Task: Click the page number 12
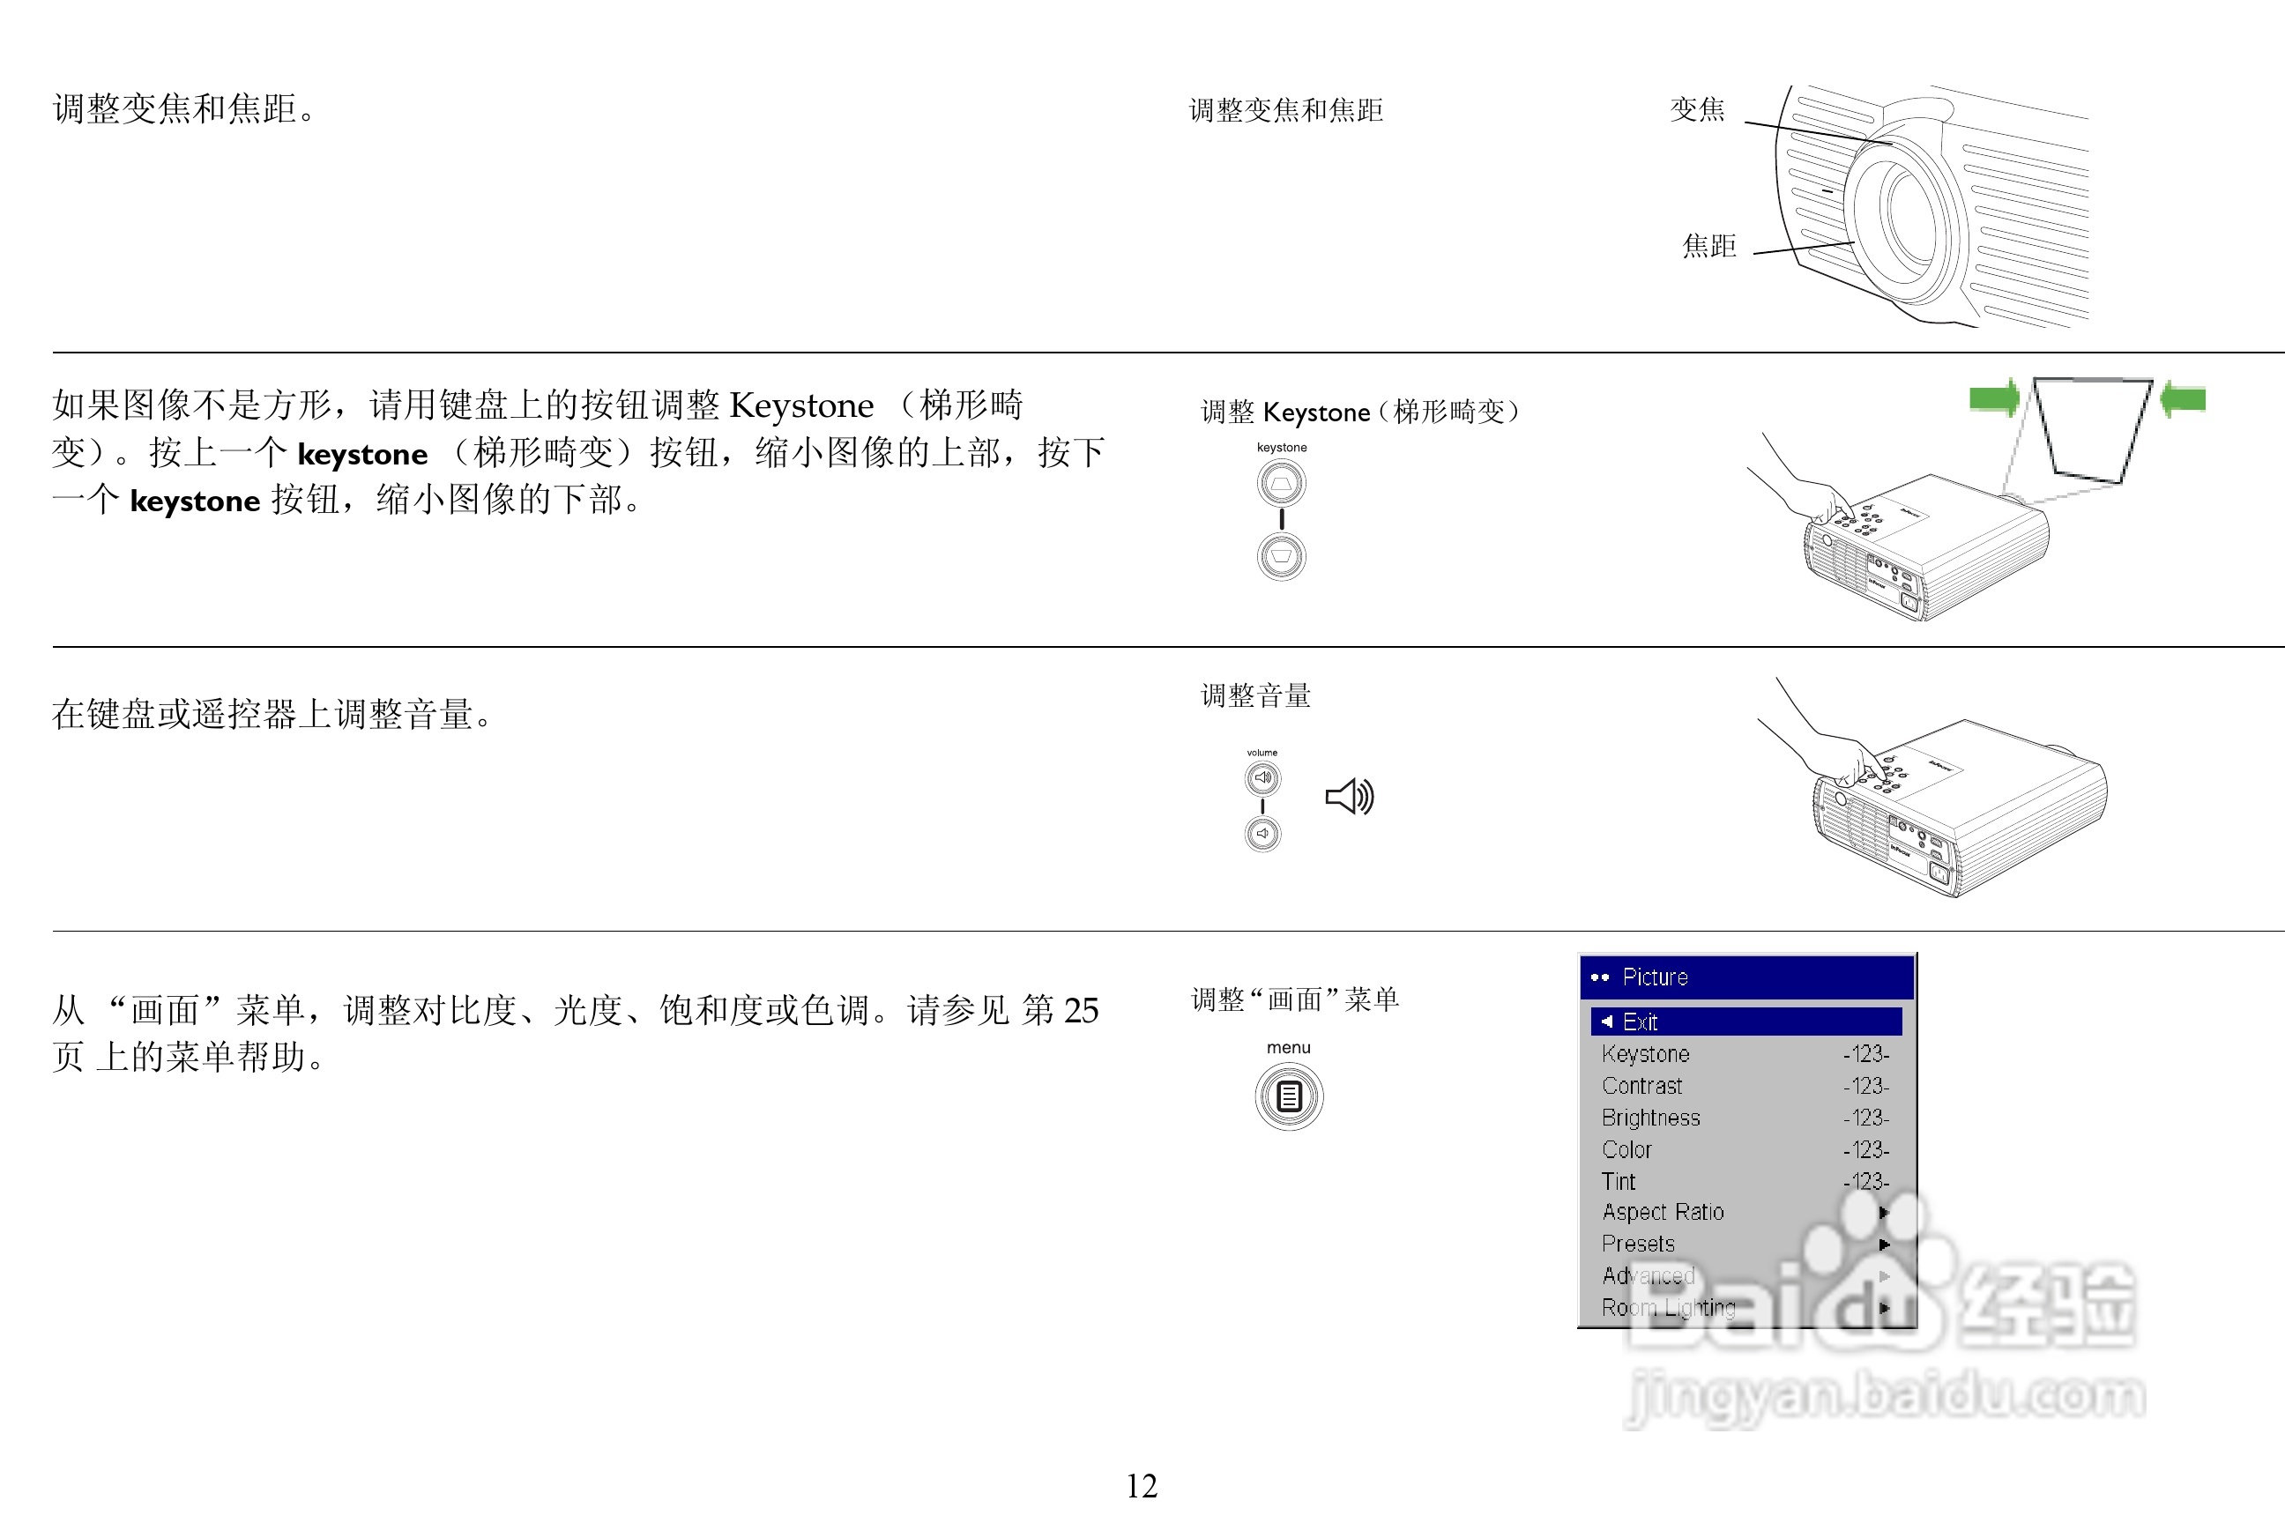[x=1142, y=1486]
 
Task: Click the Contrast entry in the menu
[x=1641, y=1086]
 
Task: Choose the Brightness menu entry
[x=1650, y=1118]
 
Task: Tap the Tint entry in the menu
[x=1619, y=1182]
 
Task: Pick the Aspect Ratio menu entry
[x=1663, y=1213]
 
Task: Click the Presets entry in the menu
[x=1638, y=1244]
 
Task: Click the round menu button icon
[x=1289, y=1096]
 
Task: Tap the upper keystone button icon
[x=1282, y=484]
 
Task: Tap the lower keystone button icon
[x=1282, y=556]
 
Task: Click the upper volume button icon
[x=1263, y=778]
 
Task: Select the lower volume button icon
[x=1263, y=834]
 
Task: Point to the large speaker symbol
[x=1350, y=798]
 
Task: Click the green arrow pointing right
[x=1994, y=398]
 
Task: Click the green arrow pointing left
[x=2183, y=398]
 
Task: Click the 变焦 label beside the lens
[x=1697, y=108]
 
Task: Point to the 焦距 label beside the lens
[x=1708, y=246]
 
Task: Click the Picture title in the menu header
[x=1656, y=977]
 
